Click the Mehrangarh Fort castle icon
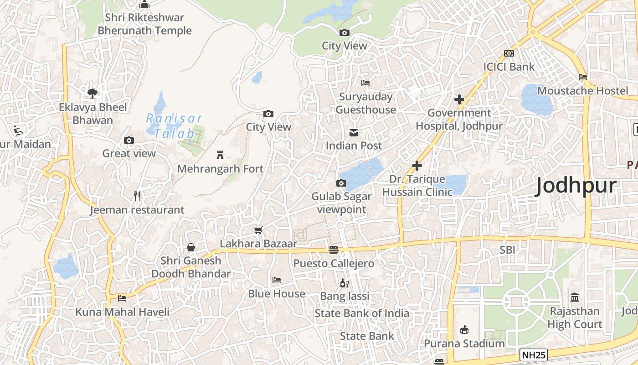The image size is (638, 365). pyautogui.click(x=220, y=155)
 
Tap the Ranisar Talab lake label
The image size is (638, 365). pyautogui.click(x=174, y=126)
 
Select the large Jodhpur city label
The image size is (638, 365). pyautogui.click(x=576, y=186)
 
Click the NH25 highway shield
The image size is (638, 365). pyautogui.click(x=533, y=355)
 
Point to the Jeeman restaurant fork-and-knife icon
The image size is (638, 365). pyautogui.click(x=137, y=196)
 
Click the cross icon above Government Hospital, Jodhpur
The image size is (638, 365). pyautogui.click(x=459, y=99)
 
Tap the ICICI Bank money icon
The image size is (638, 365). pyautogui.click(x=509, y=53)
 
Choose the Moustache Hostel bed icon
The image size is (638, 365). pyautogui.click(x=583, y=77)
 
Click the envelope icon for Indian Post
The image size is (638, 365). pyautogui.click(x=354, y=133)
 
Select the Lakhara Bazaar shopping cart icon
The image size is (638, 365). pyautogui.click(x=258, y=230)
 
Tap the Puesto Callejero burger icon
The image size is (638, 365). pyautogui.click(x=334, y=250)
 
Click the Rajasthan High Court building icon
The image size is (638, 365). pyautogui.click(x=575, y=297)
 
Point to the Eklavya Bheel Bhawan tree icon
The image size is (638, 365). pyautogui.click(x=93, y=94)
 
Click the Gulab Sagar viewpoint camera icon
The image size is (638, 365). pyautogui.click(x=341, y=183)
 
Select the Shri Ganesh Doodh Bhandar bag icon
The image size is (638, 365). pyautogui.click(x=191, y=247)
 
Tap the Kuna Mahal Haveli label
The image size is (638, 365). pyautogui.click(x=122, y=312)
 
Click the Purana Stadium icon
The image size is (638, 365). pyautogui.click(x=464, y=329)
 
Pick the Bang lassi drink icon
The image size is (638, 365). pyautogui.click(x=345, y=283)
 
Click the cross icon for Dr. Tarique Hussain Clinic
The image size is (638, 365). pyautogui.click(x=417, y=166)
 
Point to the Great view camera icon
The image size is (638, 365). pyautogui.click(x=129, y=140)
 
